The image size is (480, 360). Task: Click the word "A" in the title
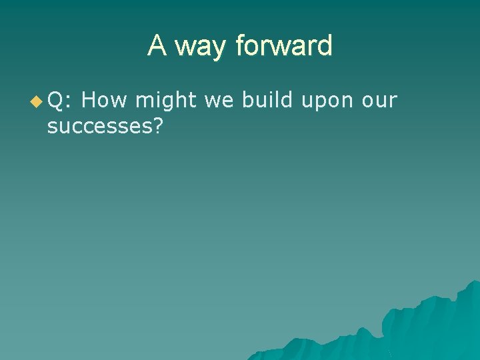[157, 46]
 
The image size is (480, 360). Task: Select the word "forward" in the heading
[283, 46]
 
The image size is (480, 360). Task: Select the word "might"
[165, 101]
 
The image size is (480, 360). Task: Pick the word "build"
[267, 101]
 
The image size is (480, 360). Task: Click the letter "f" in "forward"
[239, 45]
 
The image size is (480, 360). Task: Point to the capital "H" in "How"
[90, 101]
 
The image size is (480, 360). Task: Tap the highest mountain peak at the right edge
[474, 283]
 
